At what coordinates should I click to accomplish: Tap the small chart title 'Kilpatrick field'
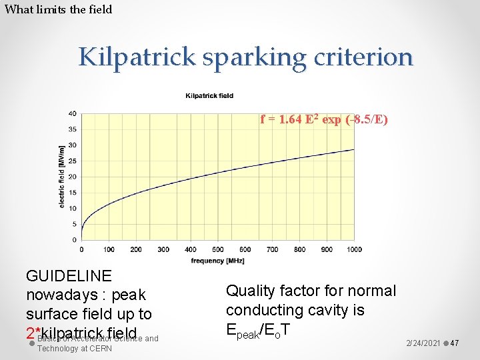pos(209,95)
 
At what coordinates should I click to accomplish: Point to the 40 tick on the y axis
pos(72,113)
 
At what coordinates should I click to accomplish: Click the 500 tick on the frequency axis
pos(217,249)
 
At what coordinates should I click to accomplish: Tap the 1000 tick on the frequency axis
pos(353,249)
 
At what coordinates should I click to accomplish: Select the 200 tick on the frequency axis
pos(136,249)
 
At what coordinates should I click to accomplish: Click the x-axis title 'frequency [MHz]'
pos(217,261)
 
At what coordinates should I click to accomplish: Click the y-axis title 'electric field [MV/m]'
pos(61,177)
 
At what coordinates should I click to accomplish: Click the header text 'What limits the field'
pos(58,9)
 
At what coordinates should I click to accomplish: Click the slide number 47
pos(455,343)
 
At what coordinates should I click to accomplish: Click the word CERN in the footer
pos(100,349)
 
